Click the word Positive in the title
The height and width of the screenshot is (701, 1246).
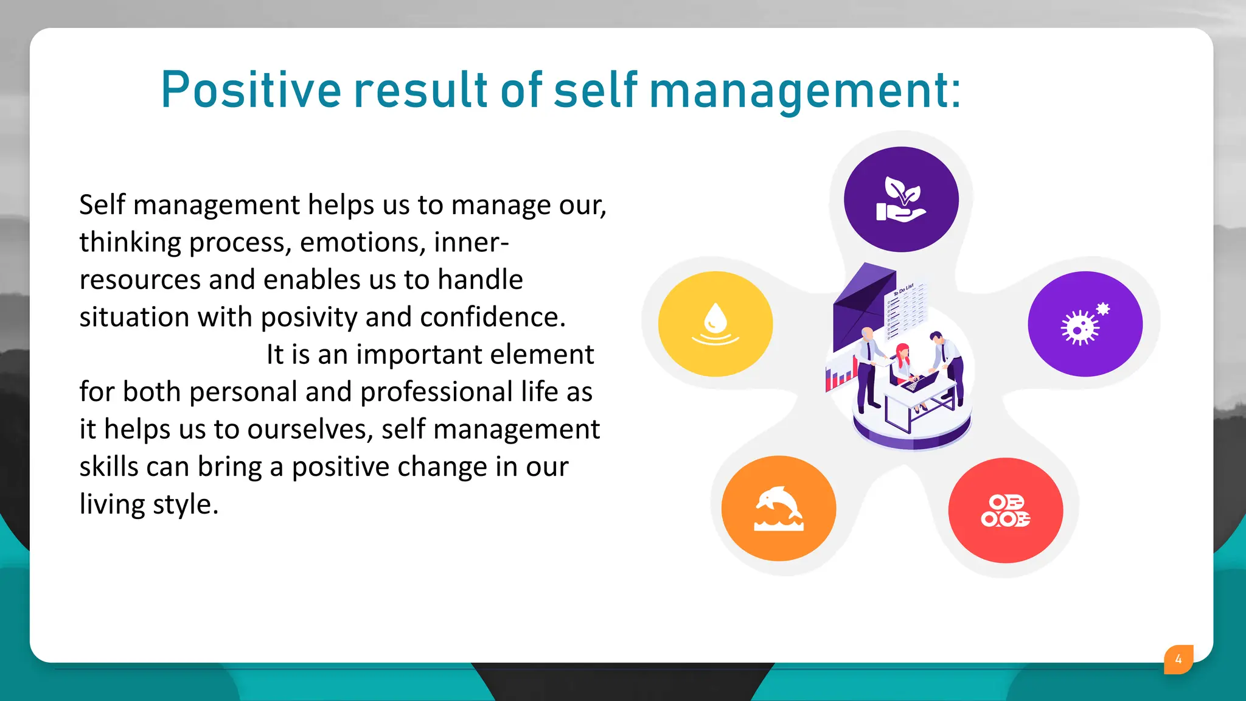click(251, 90)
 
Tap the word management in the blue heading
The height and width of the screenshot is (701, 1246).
click(804, 91)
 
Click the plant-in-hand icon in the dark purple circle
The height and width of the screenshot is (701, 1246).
click(901, 200)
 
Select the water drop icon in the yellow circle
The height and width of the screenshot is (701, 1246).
click(715, 324)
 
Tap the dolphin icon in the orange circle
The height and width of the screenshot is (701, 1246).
click(779, 509)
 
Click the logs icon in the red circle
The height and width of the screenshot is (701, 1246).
click(1005, 511)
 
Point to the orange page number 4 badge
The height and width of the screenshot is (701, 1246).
click(1178, 659)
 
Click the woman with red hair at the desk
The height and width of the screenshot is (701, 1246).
click(902, 363)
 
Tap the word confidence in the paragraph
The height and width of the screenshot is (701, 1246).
click(492, 317)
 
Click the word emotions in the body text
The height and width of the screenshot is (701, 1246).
click(363, 242)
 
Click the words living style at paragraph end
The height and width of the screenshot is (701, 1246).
click(148, 504)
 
